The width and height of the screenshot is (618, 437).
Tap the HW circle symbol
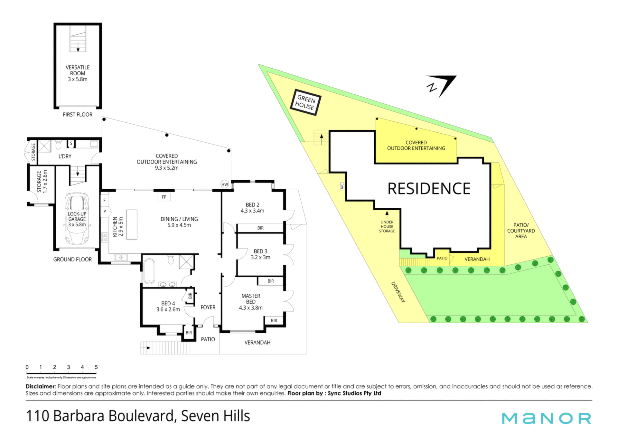point(225,185)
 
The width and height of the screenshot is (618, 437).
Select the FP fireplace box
point(164,197)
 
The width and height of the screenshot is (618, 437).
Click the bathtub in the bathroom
point(149,271)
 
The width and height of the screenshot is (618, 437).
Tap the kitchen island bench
point(132,224)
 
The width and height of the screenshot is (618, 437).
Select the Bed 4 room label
point(168,306)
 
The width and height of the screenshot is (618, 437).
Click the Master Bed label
point(251,302)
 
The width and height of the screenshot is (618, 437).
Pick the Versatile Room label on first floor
point(78,73)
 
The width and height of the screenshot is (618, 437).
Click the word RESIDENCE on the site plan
point(429,189)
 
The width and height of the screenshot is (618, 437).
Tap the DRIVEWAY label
point(398,292)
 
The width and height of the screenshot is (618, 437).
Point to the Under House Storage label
point(387,226)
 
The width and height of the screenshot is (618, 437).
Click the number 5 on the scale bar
point(96,367)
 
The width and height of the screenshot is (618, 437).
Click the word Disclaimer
point(41,386)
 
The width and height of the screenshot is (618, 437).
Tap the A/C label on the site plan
point(342,186)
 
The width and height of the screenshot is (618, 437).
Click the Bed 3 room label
point(260,254)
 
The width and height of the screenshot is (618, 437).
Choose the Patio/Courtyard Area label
point(521,231)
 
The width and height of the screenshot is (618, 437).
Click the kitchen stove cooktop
point(105,238)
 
